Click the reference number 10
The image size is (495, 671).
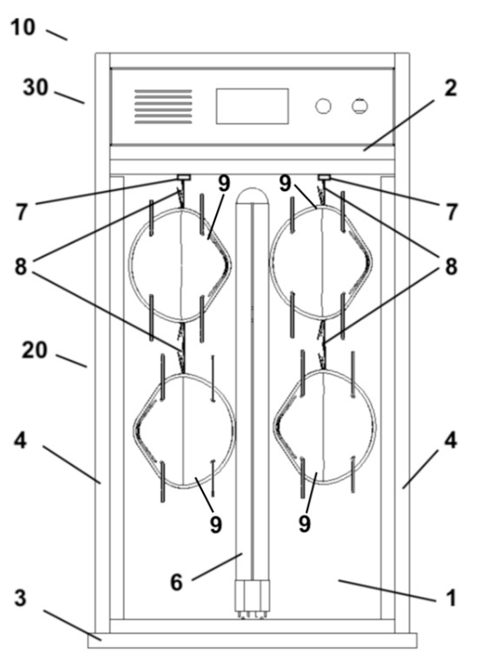pos(23,28)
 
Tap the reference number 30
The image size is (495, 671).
pos(35,88)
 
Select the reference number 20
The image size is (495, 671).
pos(34,350)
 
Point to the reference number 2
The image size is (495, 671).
pos(451,89)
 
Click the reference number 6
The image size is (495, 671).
pos(177,582)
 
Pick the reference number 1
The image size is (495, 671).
pos(451,598)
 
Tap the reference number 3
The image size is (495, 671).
pos(21,598)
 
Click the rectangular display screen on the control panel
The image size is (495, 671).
pos(252,106)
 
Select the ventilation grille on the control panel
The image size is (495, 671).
pos(163,107)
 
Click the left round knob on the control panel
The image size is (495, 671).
pos(323,106)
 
